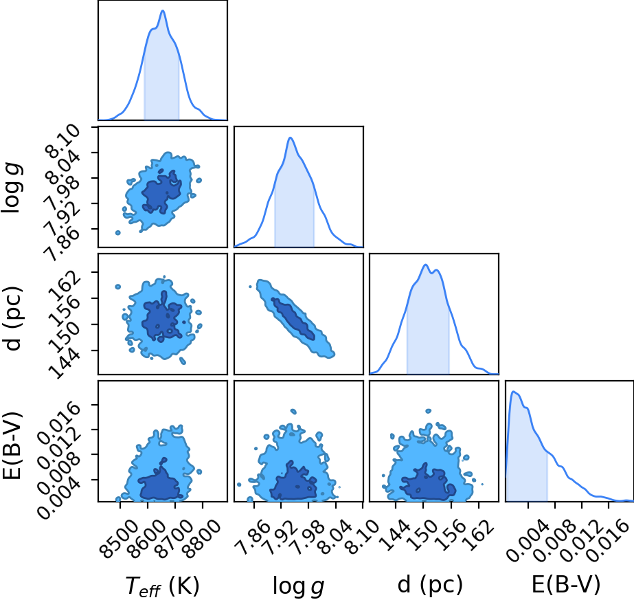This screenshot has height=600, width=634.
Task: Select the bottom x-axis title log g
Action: tap(298, 586)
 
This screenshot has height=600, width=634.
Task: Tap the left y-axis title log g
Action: tap(13, 188)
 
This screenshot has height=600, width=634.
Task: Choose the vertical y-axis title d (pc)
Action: tap(13, 318)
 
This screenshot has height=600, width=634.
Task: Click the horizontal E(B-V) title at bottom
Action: tap(566, 584)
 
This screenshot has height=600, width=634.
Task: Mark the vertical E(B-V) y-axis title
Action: tap(12, 445)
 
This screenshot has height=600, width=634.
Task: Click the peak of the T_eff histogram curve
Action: tap(163, 10)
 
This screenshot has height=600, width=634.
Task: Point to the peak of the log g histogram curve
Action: tap(290, 137)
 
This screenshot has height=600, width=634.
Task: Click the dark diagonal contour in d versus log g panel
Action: tap(293, 318)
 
